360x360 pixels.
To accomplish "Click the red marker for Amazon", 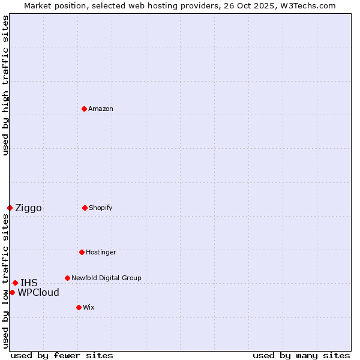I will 84,109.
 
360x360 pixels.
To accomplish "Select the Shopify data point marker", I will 85,208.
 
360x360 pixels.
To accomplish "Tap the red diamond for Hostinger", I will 82,252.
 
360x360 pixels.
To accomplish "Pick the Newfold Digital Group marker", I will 67,278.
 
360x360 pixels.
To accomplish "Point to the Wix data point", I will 79,307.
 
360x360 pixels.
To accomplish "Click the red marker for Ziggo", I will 10,208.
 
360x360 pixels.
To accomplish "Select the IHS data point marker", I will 15,283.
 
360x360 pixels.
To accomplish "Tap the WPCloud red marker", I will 12,292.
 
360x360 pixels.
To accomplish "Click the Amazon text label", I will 101,109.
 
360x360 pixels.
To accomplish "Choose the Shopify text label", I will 101,208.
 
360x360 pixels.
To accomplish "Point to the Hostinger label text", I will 101,252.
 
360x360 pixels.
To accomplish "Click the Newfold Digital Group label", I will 106,278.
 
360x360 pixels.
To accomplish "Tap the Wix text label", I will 89,307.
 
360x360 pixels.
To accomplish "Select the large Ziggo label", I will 28,208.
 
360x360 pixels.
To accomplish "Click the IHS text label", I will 29,283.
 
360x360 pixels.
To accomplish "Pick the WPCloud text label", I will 38,293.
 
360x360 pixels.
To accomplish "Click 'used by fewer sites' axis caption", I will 62,355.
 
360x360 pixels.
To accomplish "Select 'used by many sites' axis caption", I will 301,355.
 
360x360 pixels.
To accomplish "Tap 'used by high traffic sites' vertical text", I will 5,85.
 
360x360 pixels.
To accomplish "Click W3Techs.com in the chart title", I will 306,5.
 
